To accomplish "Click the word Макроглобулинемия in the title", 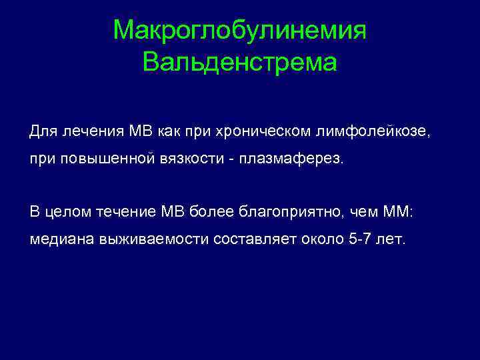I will click(x=240, y=30).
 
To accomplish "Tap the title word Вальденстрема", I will click(x=240, y=63).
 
